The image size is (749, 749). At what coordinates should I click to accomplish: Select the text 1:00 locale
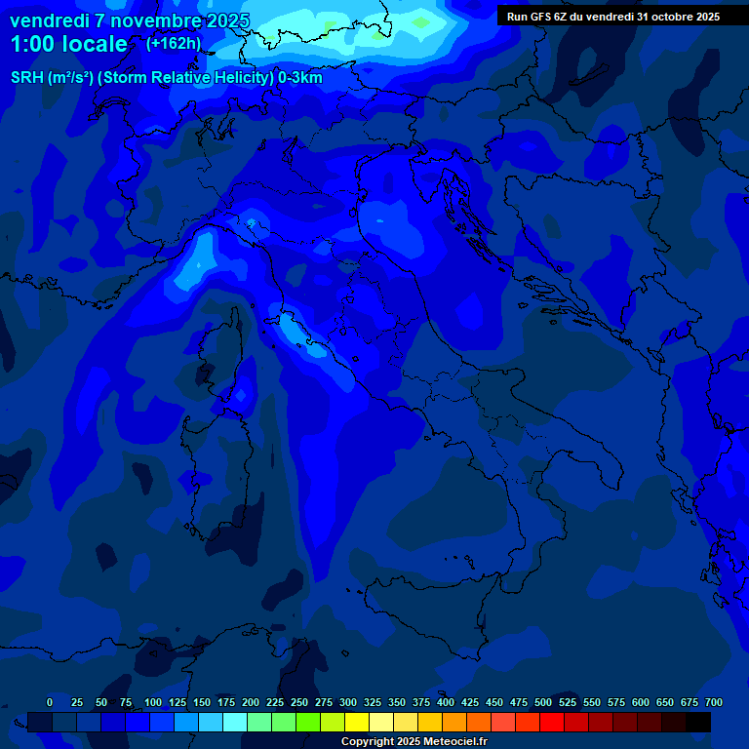click(x=68, y=44)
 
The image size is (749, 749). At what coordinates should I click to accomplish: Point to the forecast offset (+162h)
click(x=173, y=43)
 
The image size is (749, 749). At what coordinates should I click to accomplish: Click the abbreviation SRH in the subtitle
click(x=26, y=78)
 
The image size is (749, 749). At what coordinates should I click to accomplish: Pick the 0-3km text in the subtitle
click(x=300, y=78)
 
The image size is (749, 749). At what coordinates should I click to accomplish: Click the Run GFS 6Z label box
click(x=613, y=16)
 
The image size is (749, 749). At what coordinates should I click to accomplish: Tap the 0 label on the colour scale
click(x=50, y=702)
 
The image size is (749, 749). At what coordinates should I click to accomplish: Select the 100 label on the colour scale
click(x=153, y=702)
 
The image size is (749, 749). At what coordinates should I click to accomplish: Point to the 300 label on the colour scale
click(x=348, y=702)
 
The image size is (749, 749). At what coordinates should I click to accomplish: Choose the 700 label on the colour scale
click(x=713, y=702)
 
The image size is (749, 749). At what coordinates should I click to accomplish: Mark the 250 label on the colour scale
click(x=299, y=702)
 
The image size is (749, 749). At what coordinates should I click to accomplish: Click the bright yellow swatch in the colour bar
click(x=357, y=722)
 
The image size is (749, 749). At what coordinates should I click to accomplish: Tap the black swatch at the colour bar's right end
click(x=698, y=722)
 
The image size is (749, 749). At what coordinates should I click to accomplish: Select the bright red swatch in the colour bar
click(x=552, y=722)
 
